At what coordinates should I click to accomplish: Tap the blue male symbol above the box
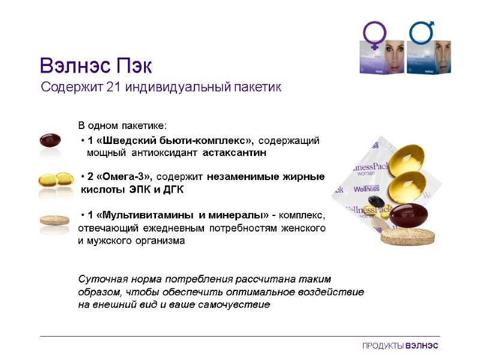click(422, 33)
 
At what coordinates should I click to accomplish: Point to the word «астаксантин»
click(231, 153)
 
